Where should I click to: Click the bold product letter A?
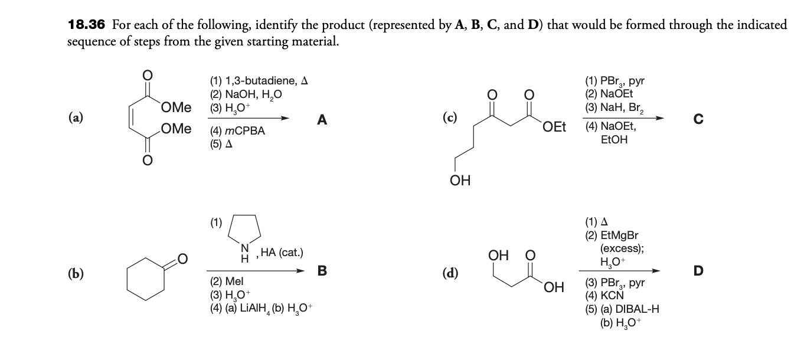[321, 120]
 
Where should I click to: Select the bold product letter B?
[322, 271]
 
